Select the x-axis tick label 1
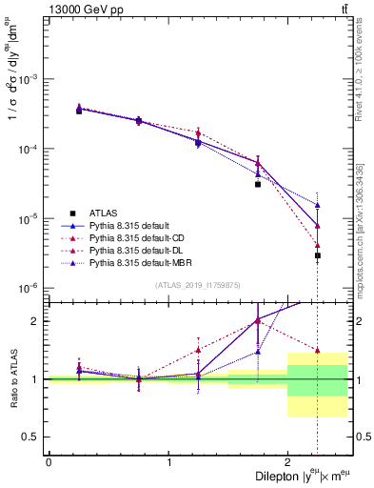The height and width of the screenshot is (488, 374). coord(168,461)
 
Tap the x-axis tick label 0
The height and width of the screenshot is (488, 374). coord(49,461)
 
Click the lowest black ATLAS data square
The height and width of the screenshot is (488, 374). coord(318,255)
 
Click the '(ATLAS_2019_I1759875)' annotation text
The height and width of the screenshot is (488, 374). coord(197,285)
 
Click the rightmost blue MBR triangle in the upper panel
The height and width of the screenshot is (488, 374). coord(318,205)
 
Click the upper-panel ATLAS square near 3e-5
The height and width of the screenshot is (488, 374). coord(258,184)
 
